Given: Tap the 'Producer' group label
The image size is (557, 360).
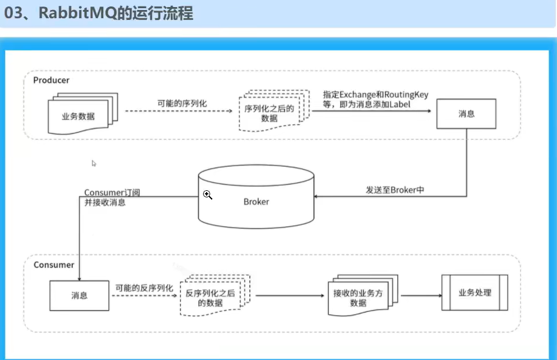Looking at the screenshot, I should [51, 80].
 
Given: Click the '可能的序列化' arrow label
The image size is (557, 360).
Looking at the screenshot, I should [182, 103].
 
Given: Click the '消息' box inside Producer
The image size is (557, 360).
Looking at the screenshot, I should [466, 114].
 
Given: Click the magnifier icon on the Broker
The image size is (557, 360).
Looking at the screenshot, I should [207, 195].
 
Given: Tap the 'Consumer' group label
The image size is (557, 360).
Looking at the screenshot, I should [54, 265].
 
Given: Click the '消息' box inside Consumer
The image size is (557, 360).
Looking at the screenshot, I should [79, 295].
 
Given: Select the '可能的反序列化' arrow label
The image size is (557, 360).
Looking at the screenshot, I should [144, 288].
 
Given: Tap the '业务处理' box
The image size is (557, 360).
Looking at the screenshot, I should [474, 293].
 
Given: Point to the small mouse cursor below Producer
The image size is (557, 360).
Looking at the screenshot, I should [93, 163].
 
